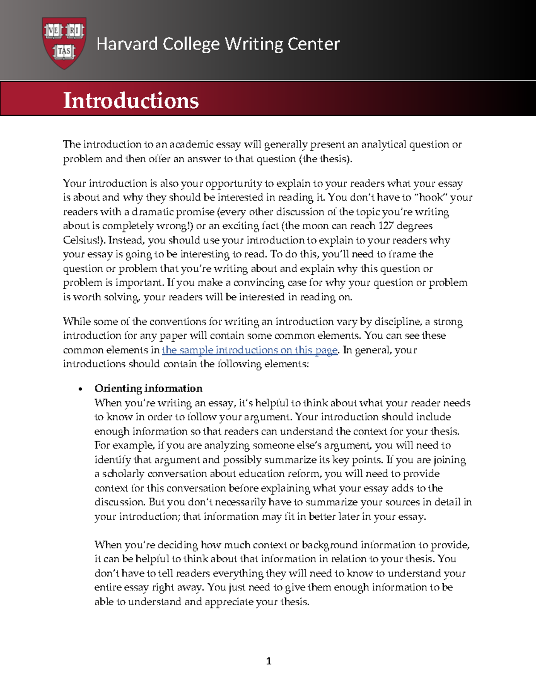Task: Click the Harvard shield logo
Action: (x=64, y=43)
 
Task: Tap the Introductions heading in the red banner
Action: (x=131, y=100)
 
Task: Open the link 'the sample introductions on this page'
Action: (x=249, y=350)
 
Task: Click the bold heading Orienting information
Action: (x=148, y=388)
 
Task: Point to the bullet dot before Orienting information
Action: (x=80, y=389)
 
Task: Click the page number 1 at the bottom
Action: (x=268, y=661)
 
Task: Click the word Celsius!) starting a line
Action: (x=84, y=240)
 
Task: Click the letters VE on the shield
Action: (x=54, y=31)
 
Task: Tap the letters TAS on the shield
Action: (x=64, y=51)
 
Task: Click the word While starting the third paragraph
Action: (x=75, y=322)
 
